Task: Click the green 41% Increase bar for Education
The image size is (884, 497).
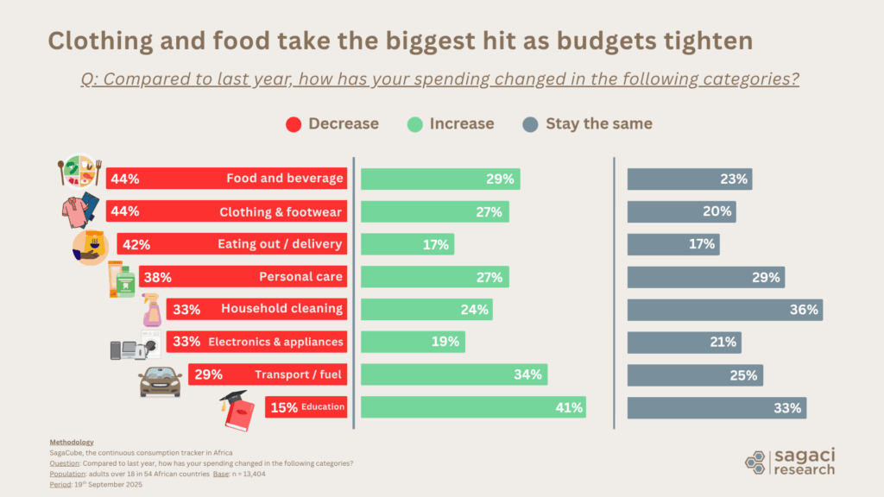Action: tap(473, 407)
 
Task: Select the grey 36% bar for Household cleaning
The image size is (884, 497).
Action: tap(724, 309)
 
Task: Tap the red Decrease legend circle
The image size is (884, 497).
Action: tap(294, 124)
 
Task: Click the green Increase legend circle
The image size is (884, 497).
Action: tap(415, 124)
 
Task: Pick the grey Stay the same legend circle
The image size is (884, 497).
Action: tap(531, 124)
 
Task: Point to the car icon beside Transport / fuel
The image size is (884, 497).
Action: tap(161, 381)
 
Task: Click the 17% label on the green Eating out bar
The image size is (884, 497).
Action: tap(435, 244)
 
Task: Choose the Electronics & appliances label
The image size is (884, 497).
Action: tap(275, 342)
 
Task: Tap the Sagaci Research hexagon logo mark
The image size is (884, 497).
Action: tap(755, 461)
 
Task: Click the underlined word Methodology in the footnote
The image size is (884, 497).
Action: tap(72, 442)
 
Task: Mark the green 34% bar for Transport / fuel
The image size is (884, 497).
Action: tap(453, 374)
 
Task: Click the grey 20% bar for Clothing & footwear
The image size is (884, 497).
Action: tap(681, 211)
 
